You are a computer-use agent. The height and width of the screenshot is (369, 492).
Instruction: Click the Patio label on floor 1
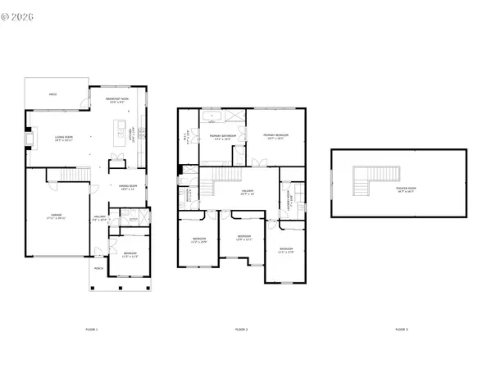pyautogui.click(x=52, y=95)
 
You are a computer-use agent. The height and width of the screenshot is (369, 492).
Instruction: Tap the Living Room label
pyautogui.click(x=64, y=138)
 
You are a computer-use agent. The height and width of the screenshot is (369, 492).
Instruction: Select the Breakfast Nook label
pyautogui.click(x=120, y=100)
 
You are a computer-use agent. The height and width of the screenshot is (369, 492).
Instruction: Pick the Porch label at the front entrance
pyautogui.click(x=98, y=268)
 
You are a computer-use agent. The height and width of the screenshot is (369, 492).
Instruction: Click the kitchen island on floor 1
pyautogui.click(x=121, y=132)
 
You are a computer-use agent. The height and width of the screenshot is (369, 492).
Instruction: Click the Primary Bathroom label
pyautogui.click(x=222, y=136)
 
